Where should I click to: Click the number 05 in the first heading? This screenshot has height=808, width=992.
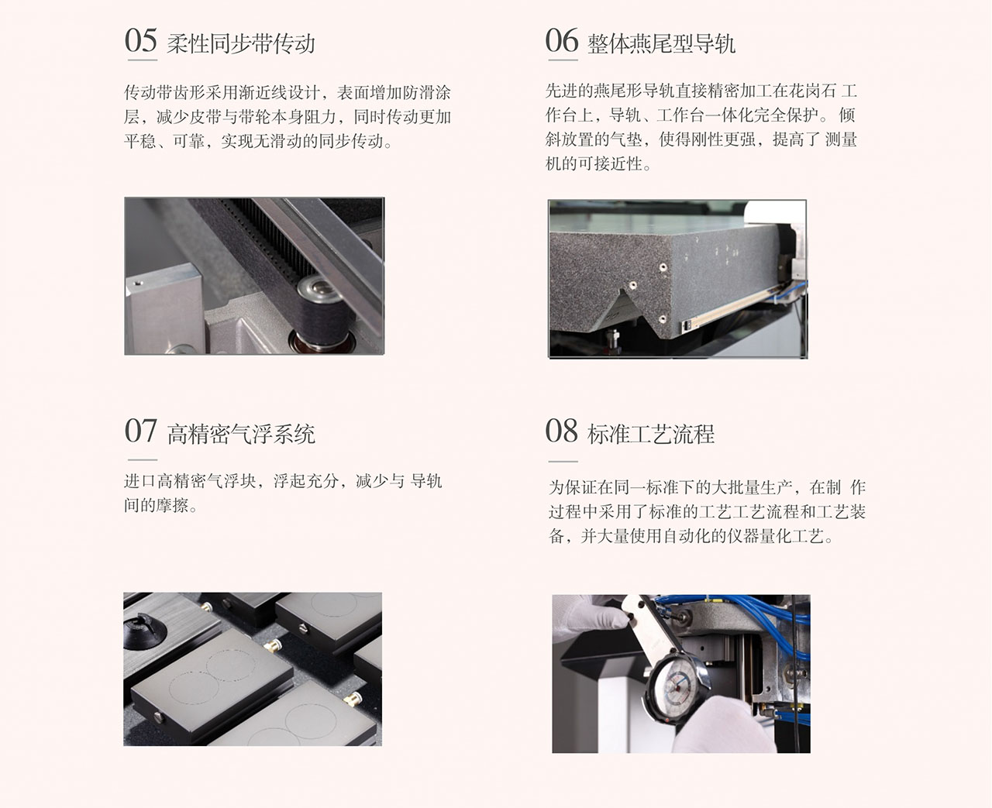[x=140, y=40]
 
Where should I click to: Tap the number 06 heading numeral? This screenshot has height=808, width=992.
[x=562, y=40]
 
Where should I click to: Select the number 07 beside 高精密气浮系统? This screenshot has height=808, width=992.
[x=140, y=431]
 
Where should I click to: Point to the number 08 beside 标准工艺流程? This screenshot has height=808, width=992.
[x=562, y=431]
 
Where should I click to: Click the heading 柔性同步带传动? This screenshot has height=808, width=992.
[x=241, y=44]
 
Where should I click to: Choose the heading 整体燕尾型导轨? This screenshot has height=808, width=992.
[x=661, y=44]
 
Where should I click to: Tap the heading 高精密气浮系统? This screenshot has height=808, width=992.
[x=241, y=435]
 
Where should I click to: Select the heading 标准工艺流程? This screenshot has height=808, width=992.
[x=651, y=435]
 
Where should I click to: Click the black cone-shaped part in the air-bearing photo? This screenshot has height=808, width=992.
[x=145, y=631]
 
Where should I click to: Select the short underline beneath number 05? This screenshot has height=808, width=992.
[x=143, y=60]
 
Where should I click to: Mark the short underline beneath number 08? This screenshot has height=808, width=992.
[x=563, y=461]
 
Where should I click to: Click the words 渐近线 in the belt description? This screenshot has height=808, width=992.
[x=263, y=93]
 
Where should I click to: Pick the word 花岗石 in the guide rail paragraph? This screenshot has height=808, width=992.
[x=812, y=91]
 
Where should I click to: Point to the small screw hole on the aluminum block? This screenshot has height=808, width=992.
[x=138, y=283]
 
